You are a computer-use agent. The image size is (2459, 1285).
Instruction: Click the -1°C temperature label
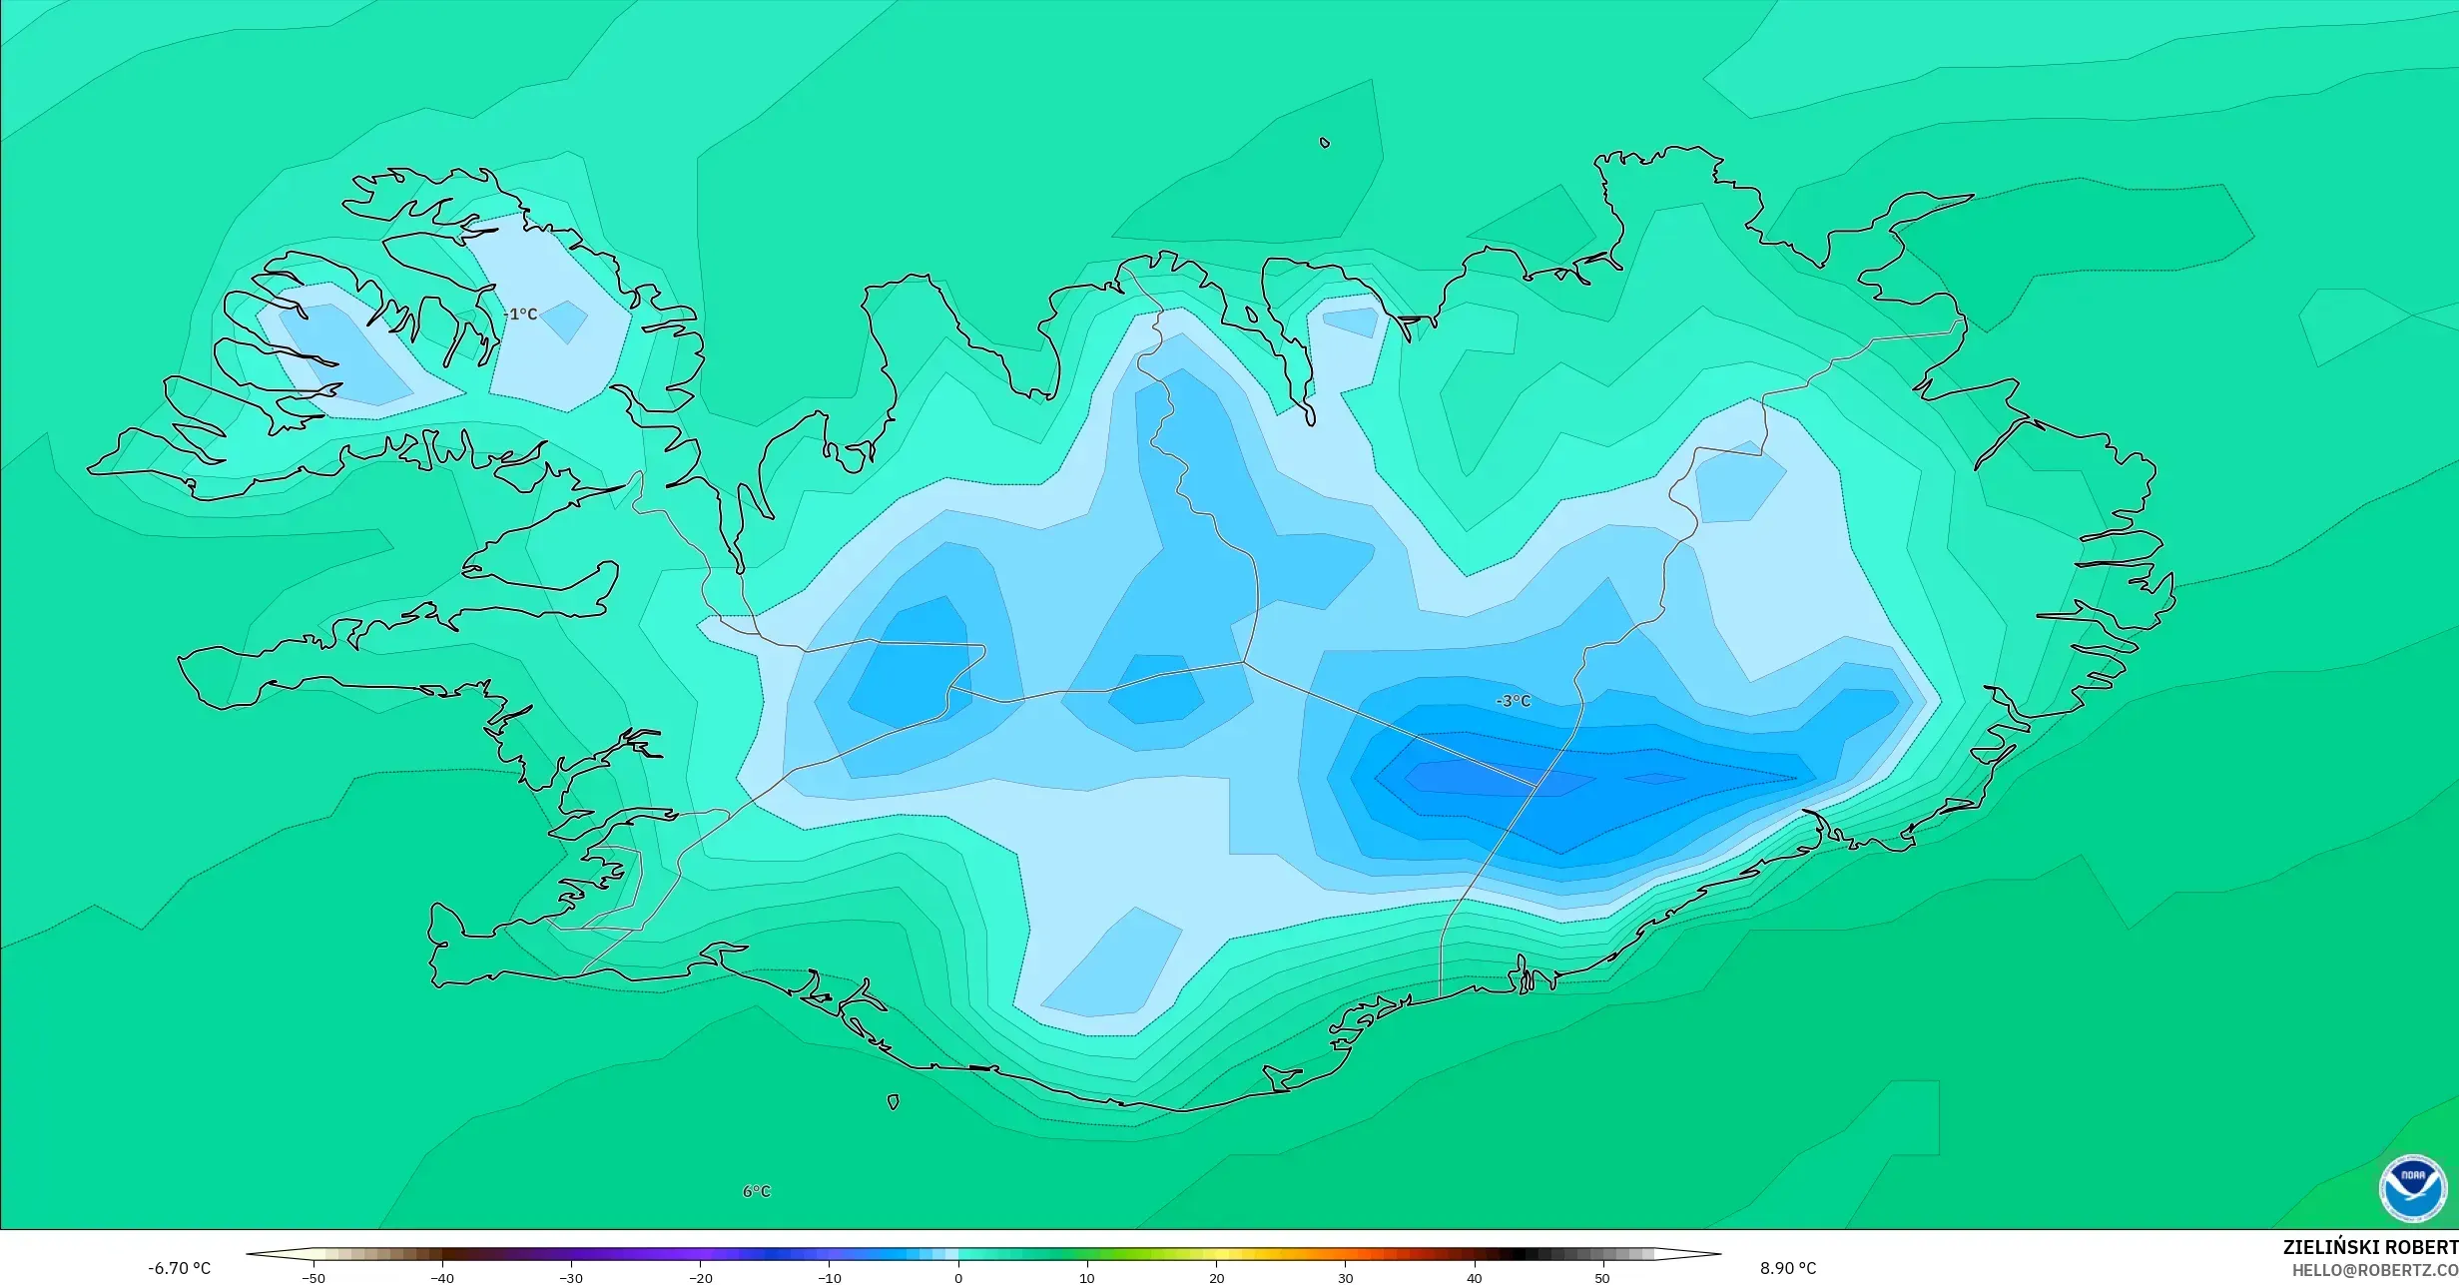521,315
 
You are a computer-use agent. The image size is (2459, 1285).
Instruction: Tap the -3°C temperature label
1513,701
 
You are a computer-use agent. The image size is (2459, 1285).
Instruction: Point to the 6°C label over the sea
757,1191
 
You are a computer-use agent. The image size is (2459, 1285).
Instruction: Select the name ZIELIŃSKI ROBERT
2369,1247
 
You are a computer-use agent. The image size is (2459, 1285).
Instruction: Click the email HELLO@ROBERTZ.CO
2374,1270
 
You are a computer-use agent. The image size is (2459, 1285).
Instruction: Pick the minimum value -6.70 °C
180,1268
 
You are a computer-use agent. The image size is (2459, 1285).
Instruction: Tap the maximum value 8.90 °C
1788,1268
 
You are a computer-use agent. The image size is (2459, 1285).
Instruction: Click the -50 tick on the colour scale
313,1278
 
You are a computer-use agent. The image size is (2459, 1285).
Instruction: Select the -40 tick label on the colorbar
442,1278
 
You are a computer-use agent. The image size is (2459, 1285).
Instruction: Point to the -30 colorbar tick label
571,1278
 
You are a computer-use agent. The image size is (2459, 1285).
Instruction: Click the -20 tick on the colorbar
700,1278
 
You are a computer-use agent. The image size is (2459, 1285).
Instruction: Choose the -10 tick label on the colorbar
829,1278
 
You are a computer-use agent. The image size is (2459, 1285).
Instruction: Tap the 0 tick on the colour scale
958,1278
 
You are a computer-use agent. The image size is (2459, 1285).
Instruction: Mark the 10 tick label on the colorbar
1087,1278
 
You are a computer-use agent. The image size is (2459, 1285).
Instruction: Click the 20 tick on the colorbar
1216,1278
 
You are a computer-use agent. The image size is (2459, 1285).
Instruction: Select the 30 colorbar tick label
1345,1278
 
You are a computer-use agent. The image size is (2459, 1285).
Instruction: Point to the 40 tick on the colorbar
1474,1278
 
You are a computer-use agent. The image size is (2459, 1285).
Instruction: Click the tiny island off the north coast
1325,143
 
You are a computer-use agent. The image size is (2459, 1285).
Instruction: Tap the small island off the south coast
894,1101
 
